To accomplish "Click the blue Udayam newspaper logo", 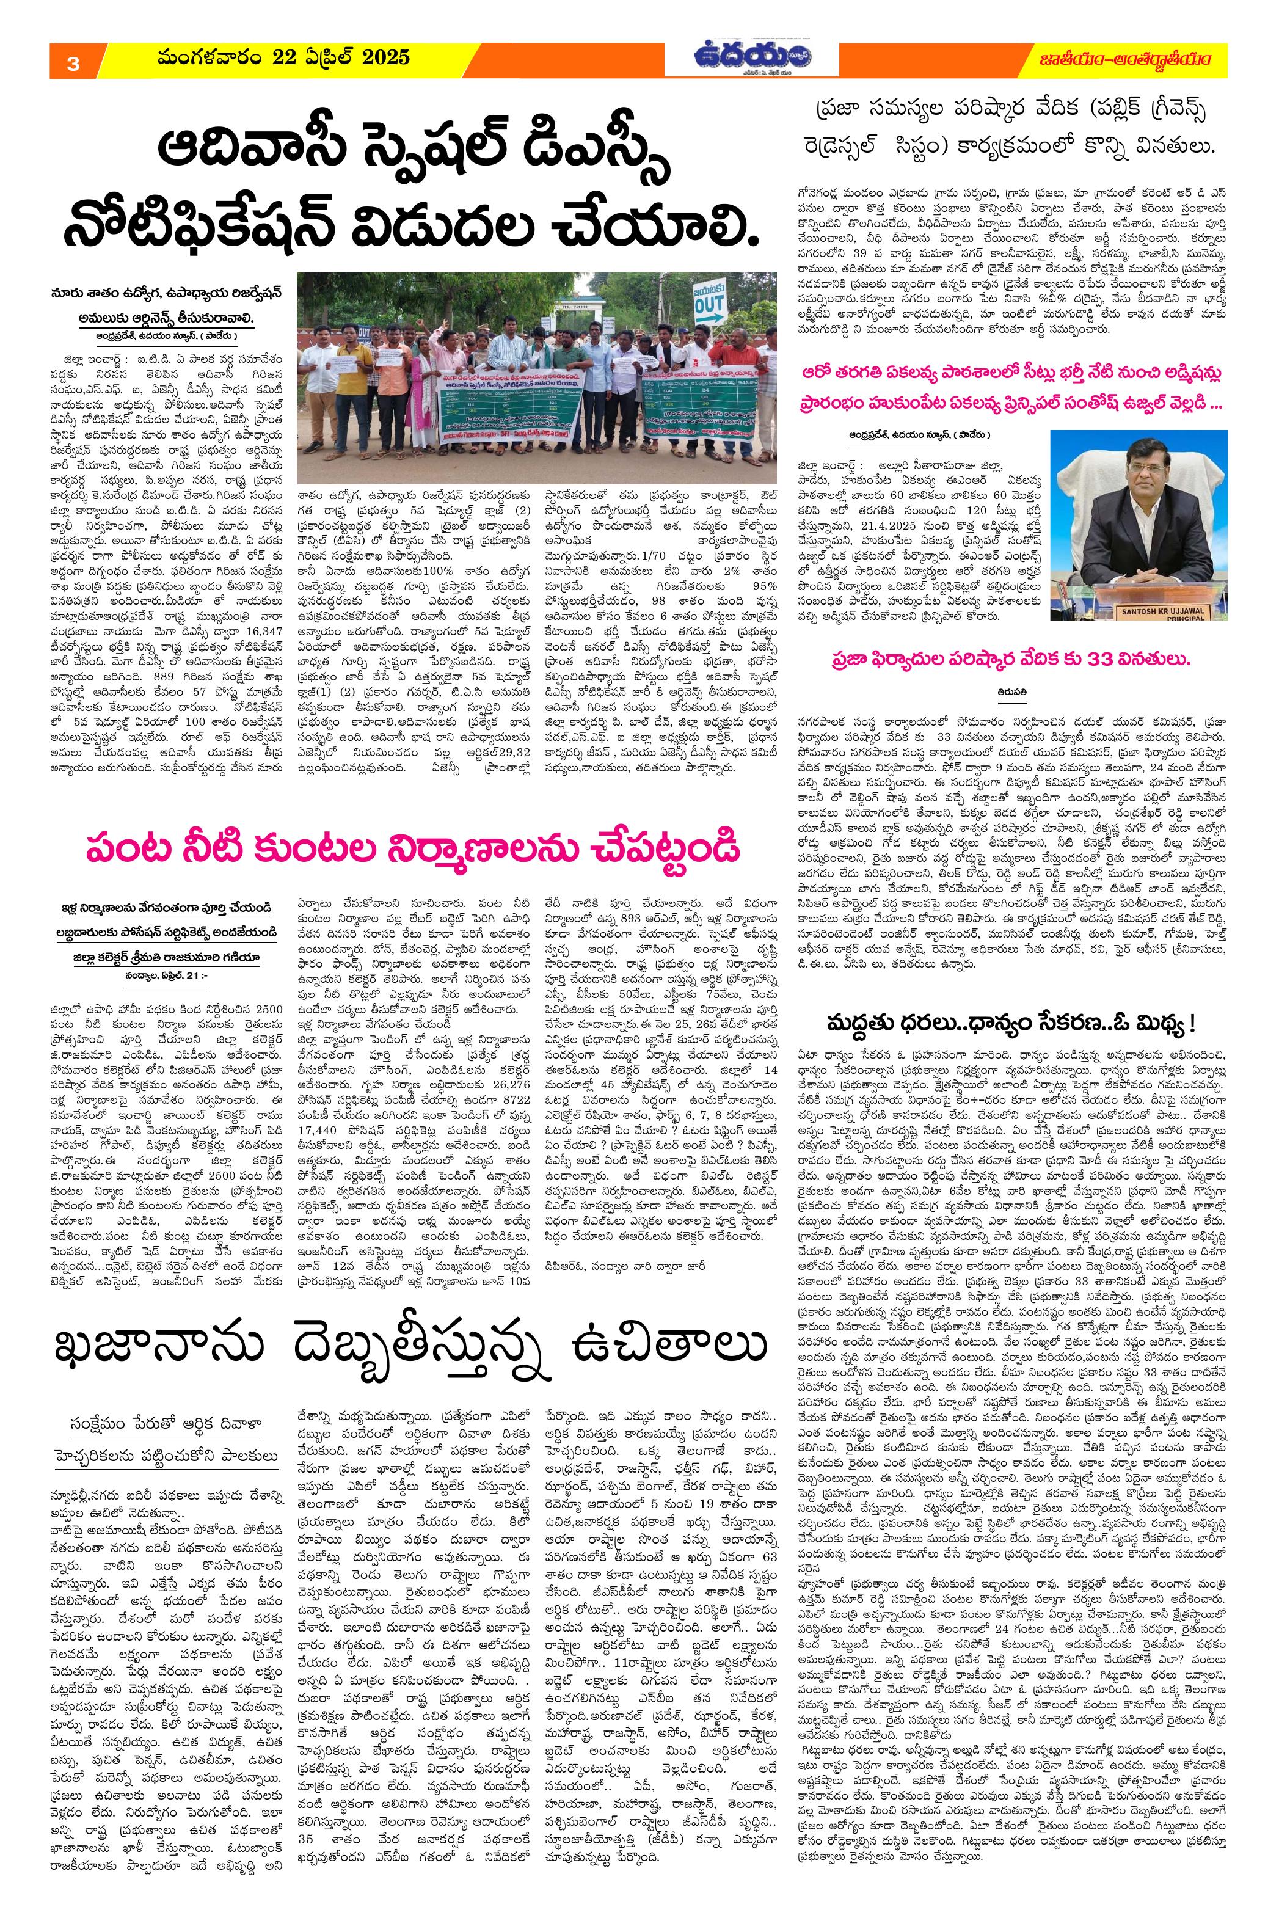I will point(726,59).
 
